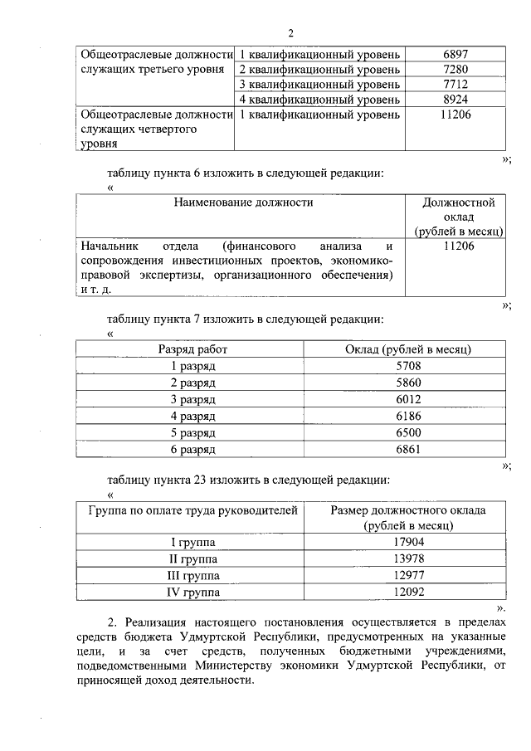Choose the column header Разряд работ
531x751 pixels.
192,349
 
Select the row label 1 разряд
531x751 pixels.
192,366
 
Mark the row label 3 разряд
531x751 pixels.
192,399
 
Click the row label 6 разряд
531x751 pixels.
192,450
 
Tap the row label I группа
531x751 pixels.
192,543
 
